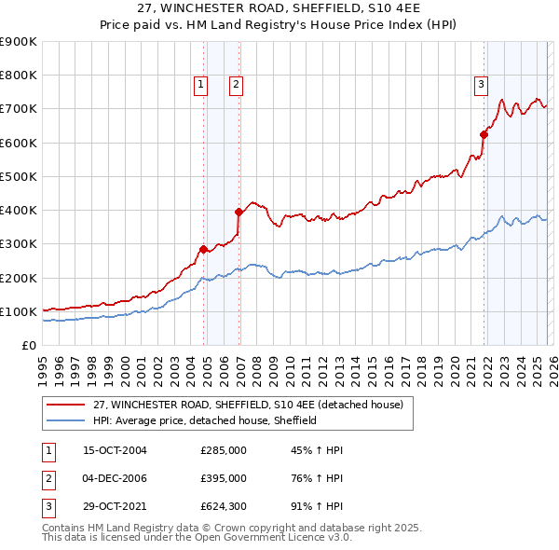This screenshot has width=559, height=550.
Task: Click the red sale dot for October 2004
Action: point(203,249)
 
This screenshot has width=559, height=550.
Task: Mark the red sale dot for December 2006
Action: point(239,212)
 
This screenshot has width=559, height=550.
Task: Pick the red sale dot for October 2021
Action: point(484,134)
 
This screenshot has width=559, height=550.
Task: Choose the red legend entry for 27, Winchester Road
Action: point(248,405)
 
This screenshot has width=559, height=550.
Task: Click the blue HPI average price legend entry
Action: point(205,420)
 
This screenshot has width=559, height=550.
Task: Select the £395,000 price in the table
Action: point(224,478)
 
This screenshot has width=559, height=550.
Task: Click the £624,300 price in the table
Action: point(224,506)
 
